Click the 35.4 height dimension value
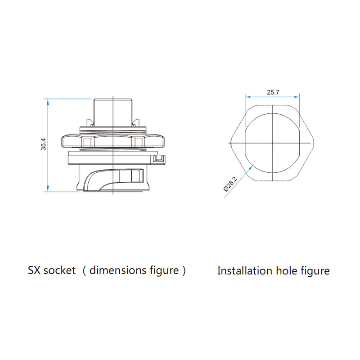tap(43, 144)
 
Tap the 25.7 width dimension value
tap(273, 92)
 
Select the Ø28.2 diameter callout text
tap(230, 184)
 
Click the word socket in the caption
tap(59, 270)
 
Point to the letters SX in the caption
tap(34, 270)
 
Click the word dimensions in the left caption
tap(118, 270)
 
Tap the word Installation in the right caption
tap(245, 271)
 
